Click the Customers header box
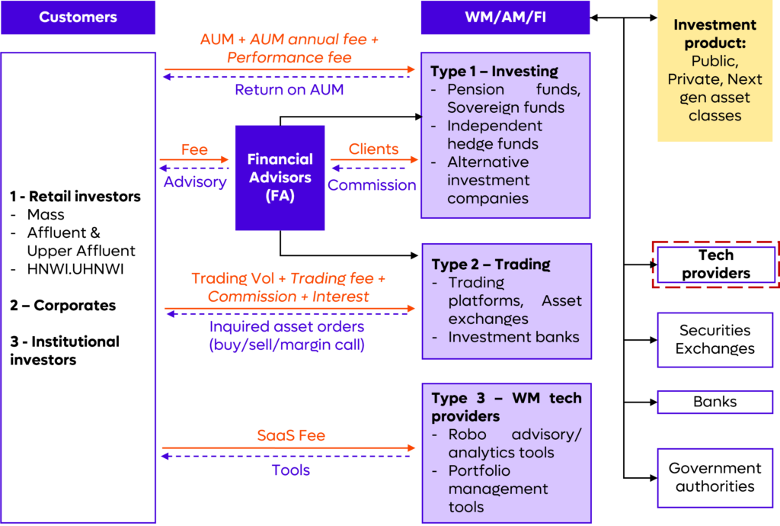click(78, 17)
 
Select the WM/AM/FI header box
click(504, 17)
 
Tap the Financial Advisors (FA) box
click(280, 178)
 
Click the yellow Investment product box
click(714, 70)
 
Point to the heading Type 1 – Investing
click(494, 72)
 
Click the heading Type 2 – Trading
click(491, 265)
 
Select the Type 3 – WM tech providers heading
click(506, 407)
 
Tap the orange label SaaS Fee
click(291, 436)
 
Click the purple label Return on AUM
click(289, 90)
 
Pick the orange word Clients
click(373, 149)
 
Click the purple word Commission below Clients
click(372, 185)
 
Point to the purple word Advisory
click(195, 182)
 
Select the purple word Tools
click(291, 470)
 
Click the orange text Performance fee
click(289, 57)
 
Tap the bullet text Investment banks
click(513, 337)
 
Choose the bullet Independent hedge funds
click(494, 135)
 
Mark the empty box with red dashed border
click(715, 265)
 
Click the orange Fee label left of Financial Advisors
click(194, 149)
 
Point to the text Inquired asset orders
click(287, 327)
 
